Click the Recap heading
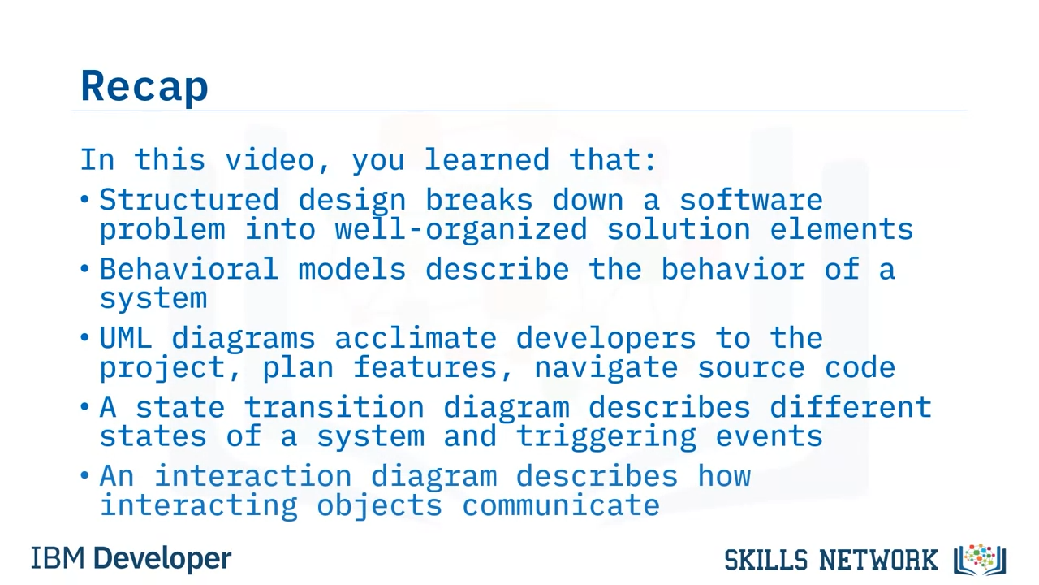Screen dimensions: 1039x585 pos(144,86)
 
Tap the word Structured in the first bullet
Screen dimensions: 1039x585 pos(189,200)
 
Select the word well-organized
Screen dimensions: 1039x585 pos(461,229)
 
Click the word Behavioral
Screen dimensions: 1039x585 pos(189,269)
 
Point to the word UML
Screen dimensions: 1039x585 pos(126,337)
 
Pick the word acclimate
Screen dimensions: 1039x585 pos(416,337)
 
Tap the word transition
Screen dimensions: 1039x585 pos(334,407)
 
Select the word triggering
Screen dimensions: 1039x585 pos(606,437)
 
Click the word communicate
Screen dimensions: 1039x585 pos(561,505)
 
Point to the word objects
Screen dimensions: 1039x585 pos(379,506)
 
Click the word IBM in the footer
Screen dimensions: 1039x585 pos(58,558)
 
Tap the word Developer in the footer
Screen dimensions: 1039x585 pos(162,559)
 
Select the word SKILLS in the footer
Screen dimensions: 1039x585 pos(765,560)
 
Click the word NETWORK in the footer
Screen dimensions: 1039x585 pos(878,560)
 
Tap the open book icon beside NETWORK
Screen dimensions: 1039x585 pos(980,560)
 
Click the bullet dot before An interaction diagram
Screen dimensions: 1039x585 pos(84,475)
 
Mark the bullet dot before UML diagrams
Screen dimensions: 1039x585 pos(84,337)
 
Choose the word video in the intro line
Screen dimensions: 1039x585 pos(270,160)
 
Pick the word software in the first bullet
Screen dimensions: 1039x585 pos(751,200)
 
